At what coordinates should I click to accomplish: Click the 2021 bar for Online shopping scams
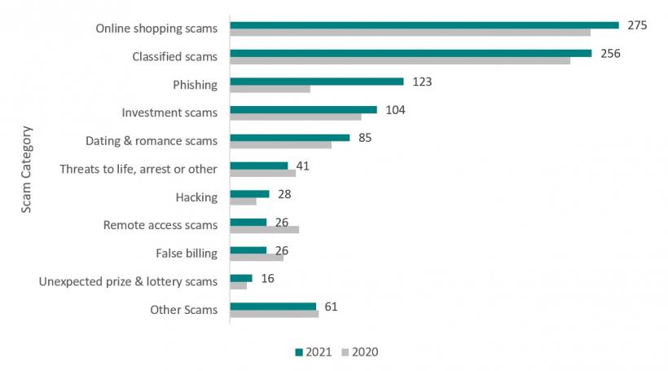pyautogui.click(x=424, y=25)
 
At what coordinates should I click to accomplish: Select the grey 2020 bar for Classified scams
pyautogui.click(x=399, y=61)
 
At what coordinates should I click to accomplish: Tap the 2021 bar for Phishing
pyautogui.click(x=317, y=82)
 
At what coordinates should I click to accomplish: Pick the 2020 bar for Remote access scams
pyautogui.click(x=265, y=230)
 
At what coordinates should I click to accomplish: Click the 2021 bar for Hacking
pyautogui.click(x=249, y=194)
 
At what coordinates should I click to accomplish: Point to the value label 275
pyautogui.click(x=637, y=25)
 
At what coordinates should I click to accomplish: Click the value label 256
pyautogui.click(x=610, y=54)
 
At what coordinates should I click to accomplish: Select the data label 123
pyautogui.click(x=421, y=82)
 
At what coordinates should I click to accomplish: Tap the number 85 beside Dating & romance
pyautogui.click(x=364, y=138)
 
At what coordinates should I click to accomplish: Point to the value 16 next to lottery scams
pyautogui.click(x=266, y=278)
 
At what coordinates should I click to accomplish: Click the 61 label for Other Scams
pyautogui.click(x=330, y=307)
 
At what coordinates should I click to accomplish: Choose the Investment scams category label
pyautogui.click(x=169, y=113)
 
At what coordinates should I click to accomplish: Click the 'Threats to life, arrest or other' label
pyautogui.click(x=138, y=169)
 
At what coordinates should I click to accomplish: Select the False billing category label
pyautogui.click(x=187, y=253)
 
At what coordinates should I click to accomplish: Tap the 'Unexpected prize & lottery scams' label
pyautogui.click(x=128, y=281)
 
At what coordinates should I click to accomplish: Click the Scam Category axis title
pyautogui.click(x=27, y=169)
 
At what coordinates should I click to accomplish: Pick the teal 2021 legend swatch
pyautogui.click(x=299, y=352)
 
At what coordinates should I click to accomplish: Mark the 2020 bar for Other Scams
pyautogui.click(x=274, y=314)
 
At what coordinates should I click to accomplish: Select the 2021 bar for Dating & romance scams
pyautogui.click(x=290, y=138)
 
